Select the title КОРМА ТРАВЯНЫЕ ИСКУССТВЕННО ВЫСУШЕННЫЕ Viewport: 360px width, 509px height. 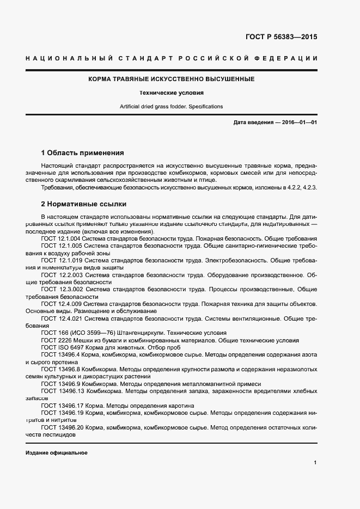pos(172,79)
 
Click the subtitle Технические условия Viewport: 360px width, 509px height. pos(172,93)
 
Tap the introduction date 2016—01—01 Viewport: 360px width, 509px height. pos(296,122)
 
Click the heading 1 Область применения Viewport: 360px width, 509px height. pos(83,153)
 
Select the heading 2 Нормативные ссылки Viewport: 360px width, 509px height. pos(84,205)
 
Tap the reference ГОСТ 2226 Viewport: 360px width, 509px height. pos(55,340)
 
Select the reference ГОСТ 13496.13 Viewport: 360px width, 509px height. pos(62,391)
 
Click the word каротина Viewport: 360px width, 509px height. pos(180,406)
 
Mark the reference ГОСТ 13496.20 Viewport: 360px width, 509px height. pos(62,428)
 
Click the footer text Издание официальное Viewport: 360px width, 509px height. pos(57,453)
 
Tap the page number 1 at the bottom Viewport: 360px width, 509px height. pos(315,463)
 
